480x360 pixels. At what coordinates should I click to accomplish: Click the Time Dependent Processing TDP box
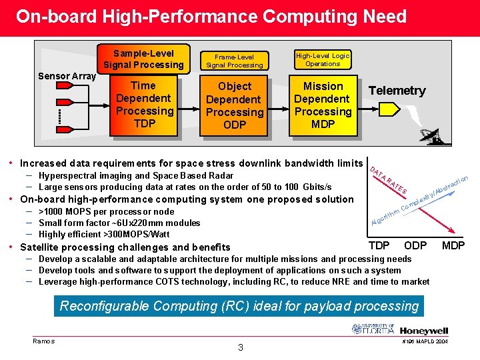144,105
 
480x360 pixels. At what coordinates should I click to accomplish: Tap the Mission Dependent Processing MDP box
323,105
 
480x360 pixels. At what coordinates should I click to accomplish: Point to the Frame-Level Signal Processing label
235,61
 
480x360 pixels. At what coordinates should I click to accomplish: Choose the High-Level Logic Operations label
323,59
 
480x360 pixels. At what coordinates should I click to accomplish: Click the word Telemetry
397,91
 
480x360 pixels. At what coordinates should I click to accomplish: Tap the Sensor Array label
67,76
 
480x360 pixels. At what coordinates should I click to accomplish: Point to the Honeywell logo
424,330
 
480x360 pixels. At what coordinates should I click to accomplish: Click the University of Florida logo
373,329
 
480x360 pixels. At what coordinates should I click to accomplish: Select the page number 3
241,347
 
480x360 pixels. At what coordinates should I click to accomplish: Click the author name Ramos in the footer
44,341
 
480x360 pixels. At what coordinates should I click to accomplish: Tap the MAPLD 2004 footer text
424,342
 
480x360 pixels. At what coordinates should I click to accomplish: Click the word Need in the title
378,16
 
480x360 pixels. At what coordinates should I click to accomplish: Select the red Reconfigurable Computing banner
239,307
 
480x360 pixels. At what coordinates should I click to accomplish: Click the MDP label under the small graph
453,245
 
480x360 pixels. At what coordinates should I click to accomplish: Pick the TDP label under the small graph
379,245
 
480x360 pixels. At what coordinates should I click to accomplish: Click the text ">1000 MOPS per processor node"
106,211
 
